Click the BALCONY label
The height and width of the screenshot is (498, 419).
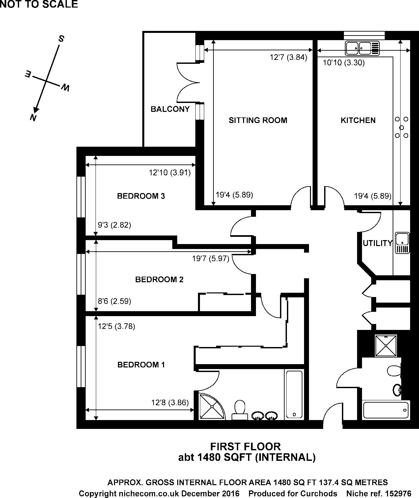170,109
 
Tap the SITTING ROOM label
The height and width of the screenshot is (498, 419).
258,120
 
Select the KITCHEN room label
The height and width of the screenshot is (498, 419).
358,120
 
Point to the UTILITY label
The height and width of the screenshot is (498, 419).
378,243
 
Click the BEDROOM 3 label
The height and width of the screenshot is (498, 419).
141,196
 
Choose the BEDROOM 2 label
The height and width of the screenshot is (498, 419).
159,280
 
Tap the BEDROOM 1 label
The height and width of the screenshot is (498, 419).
141,365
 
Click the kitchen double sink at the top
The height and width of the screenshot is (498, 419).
362,48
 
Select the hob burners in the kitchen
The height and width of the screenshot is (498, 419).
401,127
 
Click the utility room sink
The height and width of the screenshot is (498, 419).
402,243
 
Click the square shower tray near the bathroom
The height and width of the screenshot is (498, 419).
386,346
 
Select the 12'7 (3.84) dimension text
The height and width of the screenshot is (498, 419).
288,58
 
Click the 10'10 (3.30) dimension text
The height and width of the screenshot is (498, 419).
344,63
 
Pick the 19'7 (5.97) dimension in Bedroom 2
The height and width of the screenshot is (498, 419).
211,259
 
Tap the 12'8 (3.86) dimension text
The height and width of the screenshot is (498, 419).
170,403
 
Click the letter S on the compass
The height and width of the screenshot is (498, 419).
61,38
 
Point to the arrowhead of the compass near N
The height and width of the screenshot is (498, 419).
36,110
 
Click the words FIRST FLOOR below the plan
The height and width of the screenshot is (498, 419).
245,446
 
